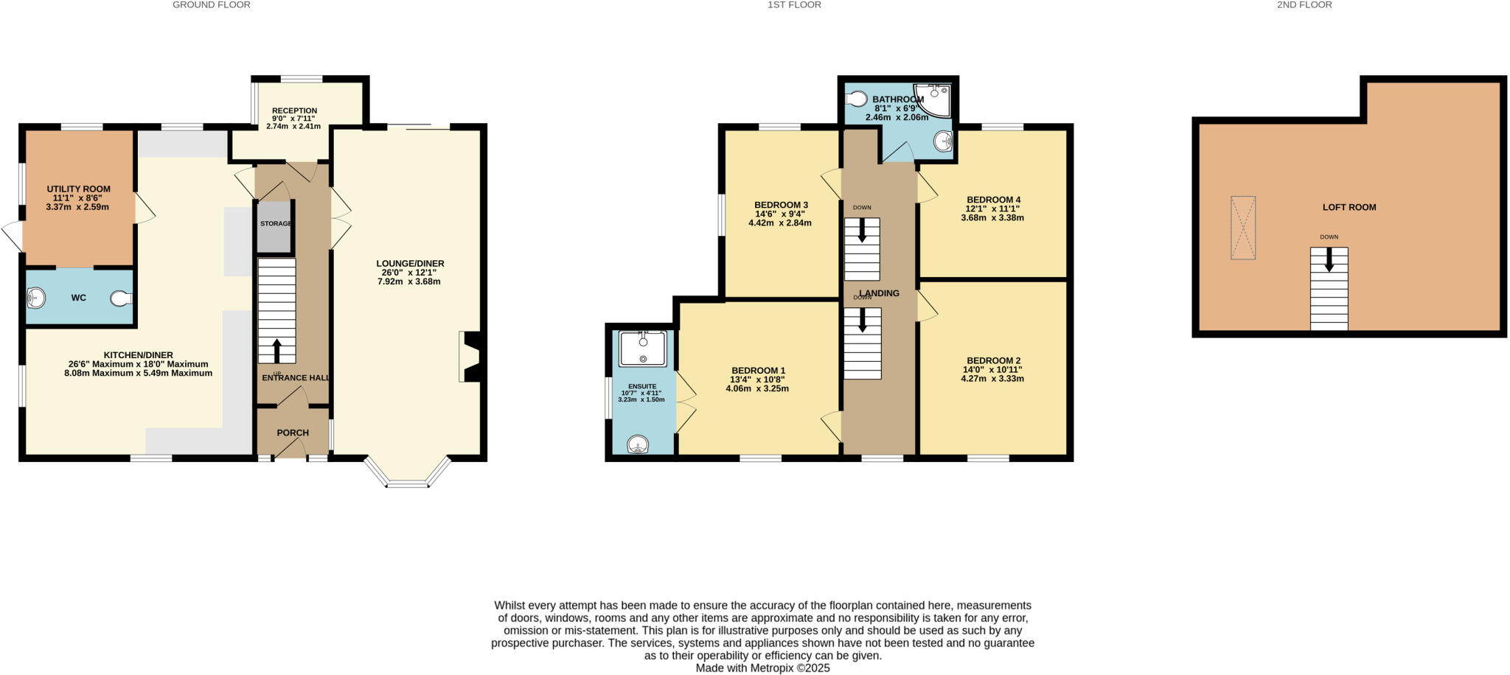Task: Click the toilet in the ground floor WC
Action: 121,298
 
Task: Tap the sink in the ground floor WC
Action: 35,298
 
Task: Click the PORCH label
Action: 293,433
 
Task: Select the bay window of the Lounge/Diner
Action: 407,475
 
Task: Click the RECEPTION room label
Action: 294,111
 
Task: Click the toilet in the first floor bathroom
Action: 857,98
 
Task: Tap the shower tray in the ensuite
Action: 643,349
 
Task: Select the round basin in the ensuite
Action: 638,444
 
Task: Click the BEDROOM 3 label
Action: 781,205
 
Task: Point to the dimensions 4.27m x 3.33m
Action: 992,379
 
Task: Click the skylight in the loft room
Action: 1242,227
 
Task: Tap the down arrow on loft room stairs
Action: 1329,260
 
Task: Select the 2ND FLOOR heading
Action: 1315,5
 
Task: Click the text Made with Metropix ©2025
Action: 762,668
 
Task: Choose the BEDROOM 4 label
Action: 993,200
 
